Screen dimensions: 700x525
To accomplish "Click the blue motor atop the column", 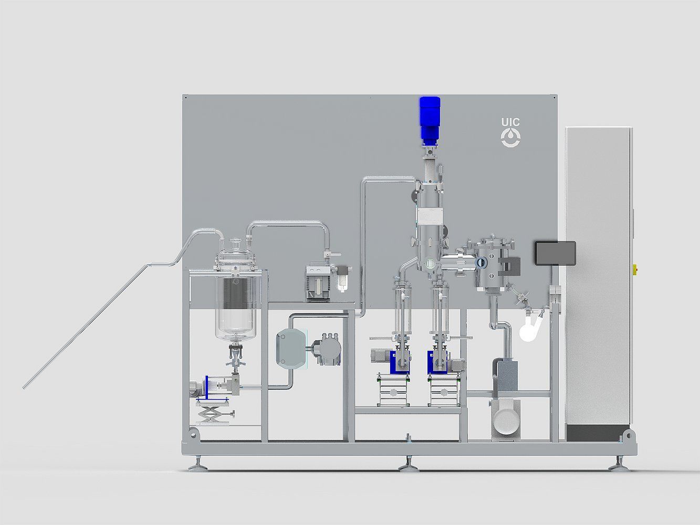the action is (x=430, y=121).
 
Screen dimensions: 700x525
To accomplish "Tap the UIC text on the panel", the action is (x=510, y=122).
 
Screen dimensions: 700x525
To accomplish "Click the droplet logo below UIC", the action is (x=510, y=138).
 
